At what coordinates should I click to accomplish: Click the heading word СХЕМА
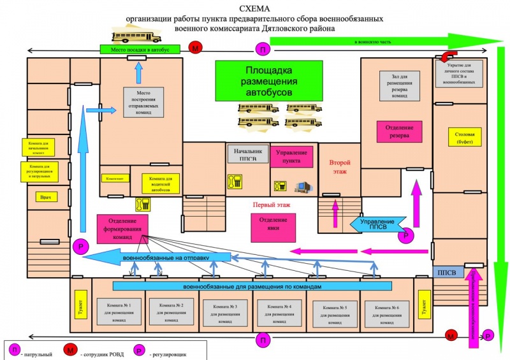(254, 8)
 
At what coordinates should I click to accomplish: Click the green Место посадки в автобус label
(135, 50)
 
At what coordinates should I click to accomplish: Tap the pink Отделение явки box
(273, 224)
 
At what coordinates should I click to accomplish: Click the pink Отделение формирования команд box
(122, 229)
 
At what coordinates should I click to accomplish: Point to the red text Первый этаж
(272, 205)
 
